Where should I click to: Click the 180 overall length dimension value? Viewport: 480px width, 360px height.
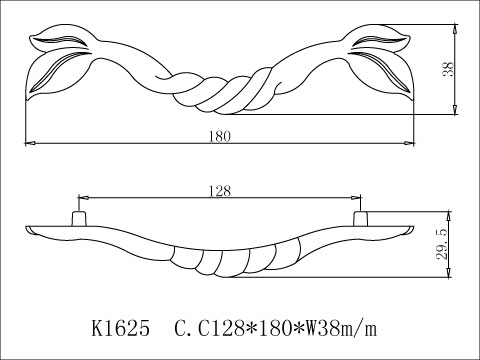point(219,137)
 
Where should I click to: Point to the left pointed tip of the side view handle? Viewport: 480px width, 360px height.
point(24,231)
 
